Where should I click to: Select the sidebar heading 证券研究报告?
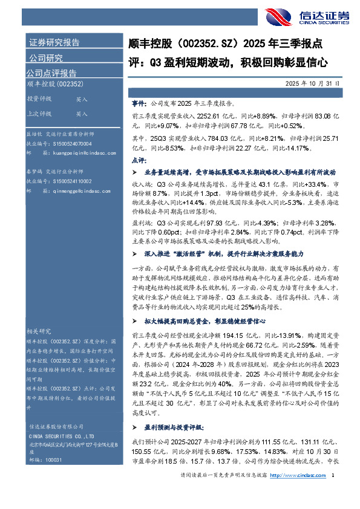point(54,43)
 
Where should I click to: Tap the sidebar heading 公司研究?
point(45,58)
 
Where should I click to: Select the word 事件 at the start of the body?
point(139,103)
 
